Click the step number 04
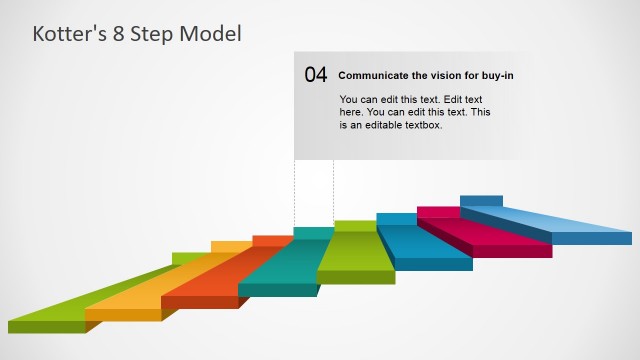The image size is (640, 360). (315, 75)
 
